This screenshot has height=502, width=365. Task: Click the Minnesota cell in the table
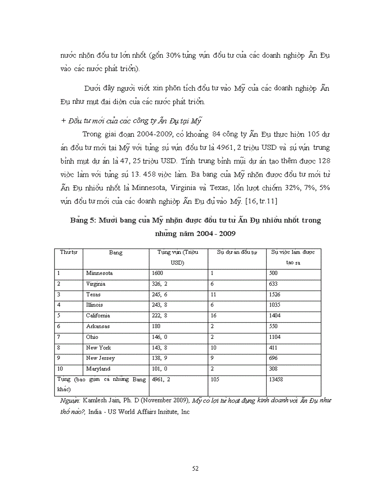(99, 273)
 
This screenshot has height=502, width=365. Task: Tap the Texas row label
(93, 295)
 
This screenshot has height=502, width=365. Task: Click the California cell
(98, 316)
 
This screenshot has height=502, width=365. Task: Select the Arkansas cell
(98, 326)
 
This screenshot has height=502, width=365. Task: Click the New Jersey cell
(100, 358)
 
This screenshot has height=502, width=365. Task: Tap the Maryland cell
(98, 369)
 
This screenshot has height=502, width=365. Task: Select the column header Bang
(115, 253)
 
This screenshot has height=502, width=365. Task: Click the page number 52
(195, 468)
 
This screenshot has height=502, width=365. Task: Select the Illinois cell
(94, 305)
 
